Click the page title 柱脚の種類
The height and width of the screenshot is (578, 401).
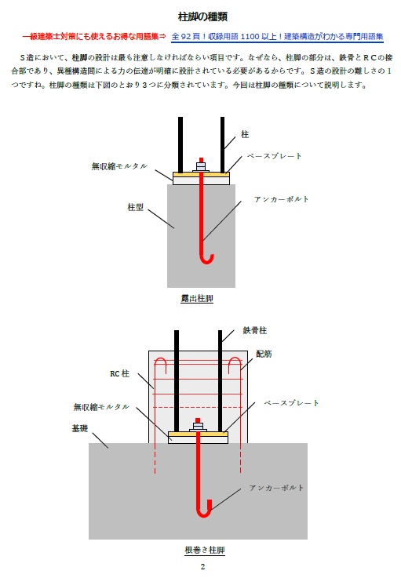202,16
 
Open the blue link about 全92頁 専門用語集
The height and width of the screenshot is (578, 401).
278,37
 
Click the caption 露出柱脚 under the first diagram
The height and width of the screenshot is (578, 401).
197,298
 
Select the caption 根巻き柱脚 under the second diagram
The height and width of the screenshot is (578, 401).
205,550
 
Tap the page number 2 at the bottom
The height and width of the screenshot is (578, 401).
202,566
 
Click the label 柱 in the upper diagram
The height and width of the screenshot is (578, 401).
245,134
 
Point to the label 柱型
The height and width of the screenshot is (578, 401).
136,207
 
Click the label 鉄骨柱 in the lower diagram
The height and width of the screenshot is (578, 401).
254,330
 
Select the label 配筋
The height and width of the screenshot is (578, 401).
264,354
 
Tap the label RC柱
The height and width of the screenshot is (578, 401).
119,374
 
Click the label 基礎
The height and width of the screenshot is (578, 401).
80,428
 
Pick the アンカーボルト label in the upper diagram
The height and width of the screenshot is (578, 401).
282,199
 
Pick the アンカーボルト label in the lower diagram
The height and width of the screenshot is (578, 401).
276,488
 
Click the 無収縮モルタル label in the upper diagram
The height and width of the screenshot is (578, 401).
119,166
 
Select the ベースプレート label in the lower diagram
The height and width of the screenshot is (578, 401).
291,403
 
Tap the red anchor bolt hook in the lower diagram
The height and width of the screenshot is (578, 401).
203,511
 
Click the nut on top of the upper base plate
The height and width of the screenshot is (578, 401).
201,166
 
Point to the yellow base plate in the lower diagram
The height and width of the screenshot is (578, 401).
198,434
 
